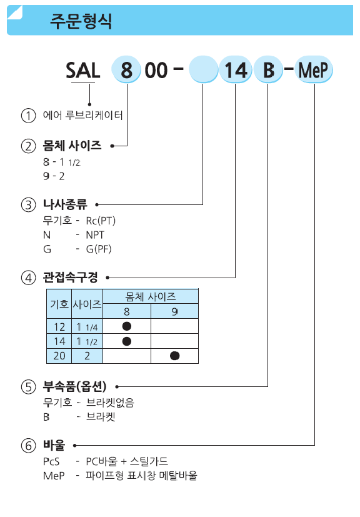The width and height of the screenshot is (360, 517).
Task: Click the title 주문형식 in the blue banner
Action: (81, 21)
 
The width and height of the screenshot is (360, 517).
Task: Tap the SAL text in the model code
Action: (83, 71)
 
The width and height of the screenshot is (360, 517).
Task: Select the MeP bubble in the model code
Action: (314, 70)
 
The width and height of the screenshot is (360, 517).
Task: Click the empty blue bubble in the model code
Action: (203, 70)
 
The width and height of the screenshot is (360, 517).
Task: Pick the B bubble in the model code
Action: (268, 70)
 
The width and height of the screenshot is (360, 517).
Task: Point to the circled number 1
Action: (28, 116)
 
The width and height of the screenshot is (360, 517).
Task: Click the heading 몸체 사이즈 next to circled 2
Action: (72, 146)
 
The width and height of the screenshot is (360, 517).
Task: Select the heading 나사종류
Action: (65, 204)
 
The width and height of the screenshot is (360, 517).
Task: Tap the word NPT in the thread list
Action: (95, 235)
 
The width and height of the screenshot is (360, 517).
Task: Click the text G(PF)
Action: (99, 249)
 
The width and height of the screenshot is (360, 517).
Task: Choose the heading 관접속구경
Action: (70, 278)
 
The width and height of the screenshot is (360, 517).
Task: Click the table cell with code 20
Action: (59, 356)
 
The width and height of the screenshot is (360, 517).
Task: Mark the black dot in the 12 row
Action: (127, 326)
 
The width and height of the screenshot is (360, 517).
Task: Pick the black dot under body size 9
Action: (175, 356)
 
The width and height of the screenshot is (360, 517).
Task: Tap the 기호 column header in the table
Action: (59, 304)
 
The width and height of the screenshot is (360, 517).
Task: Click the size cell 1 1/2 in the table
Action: (87, 341)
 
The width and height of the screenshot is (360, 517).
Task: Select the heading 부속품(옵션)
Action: (74, 386)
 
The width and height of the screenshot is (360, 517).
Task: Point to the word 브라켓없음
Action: (110, 403)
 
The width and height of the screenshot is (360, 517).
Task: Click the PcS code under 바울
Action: (51, 461)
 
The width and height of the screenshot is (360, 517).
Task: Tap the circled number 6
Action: (28, 446)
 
